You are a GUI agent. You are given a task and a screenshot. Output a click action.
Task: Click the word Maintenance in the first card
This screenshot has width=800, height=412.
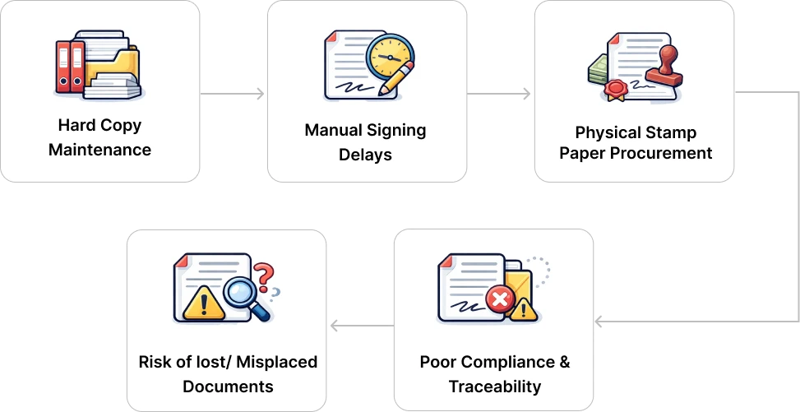coord(99,150)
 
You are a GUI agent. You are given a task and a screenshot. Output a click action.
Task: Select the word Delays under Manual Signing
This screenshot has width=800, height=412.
coord(365,155)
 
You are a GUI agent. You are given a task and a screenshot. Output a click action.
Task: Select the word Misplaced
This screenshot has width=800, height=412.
coord(279,363)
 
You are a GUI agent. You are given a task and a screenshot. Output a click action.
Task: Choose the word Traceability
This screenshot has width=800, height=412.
coord(494,387)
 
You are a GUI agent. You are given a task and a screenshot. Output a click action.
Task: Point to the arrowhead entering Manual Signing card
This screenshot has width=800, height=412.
coord(262,95)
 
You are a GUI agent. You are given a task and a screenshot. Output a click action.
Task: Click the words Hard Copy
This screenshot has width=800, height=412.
coord(99,125)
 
